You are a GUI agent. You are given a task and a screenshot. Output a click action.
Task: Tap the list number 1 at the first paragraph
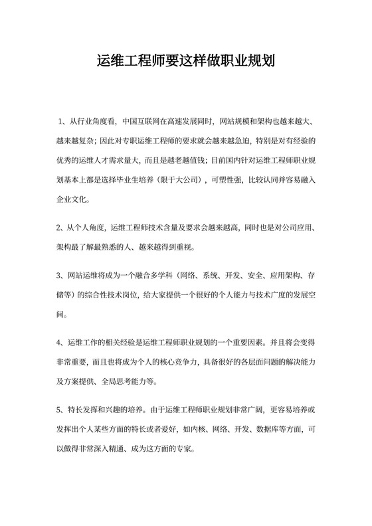[x=60, y=122]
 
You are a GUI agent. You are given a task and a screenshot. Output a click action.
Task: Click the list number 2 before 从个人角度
[x=59, y=228]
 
